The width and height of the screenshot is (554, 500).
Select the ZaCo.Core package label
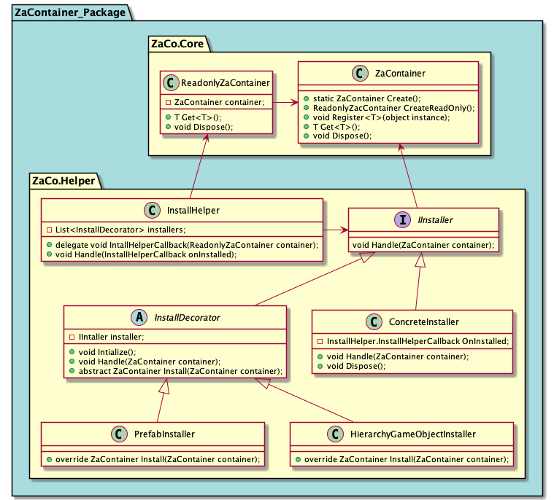(x=178, y=44)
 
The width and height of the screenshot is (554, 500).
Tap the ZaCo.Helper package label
(x=62, y=180)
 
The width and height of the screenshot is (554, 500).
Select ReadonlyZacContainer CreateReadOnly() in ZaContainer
(x=388, y=107)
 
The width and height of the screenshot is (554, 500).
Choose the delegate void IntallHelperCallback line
(x=182, y=245)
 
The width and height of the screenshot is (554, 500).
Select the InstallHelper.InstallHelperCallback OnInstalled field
(x=412, y=341)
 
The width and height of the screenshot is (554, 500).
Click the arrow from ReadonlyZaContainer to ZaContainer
(x=285, y=103)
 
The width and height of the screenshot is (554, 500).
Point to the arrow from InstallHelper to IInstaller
(x=336, y=230)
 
